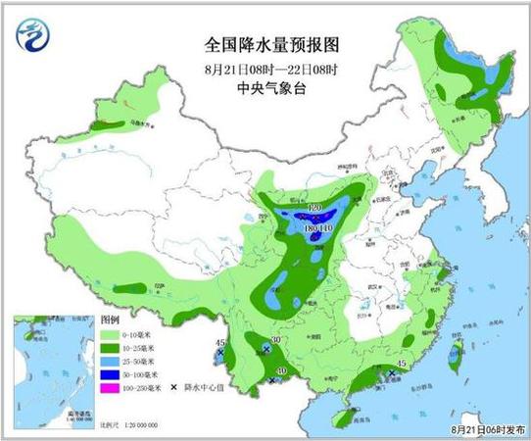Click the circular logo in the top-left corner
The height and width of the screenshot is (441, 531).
[x=36, y=36]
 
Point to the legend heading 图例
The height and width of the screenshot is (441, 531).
[x=109, y=320]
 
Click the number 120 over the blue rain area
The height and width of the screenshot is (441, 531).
[x=314, y=210]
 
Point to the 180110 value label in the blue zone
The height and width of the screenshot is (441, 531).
[x=314, y=227]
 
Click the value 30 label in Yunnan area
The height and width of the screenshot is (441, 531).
[x=276, y=340]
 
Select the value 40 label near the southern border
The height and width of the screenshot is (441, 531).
[x=281, y=370]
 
